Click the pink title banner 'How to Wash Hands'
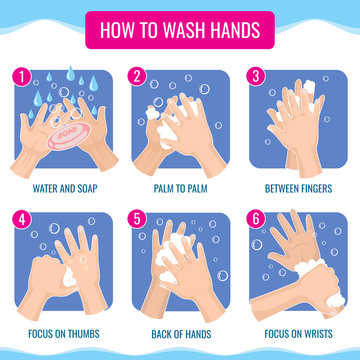pos(180,28)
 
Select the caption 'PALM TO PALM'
pos(180,188)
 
